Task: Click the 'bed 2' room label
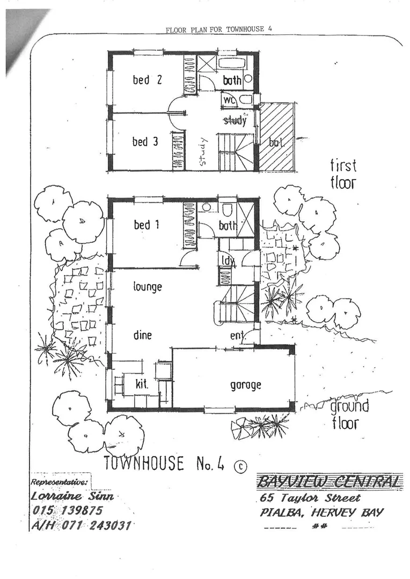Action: point(147,79)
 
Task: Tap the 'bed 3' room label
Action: point(145,141)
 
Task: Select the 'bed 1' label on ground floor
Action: point(147,225)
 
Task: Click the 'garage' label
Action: point(245,385)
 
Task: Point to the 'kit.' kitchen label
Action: point(142,384)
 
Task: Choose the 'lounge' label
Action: point(148,286)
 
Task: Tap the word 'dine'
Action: point(142,335)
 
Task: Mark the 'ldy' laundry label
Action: point(228,261)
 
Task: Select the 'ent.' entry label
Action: point(238,336)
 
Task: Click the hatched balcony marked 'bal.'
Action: point(277,136)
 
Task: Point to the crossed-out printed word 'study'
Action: point(235,120)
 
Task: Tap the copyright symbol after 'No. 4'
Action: point(240,466)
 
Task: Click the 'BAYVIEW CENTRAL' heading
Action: point(328,481)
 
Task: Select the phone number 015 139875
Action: point(67,511)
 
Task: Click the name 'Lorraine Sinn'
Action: point(72,496)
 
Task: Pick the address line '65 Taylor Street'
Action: point(310,498)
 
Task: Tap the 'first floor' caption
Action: point(343,174)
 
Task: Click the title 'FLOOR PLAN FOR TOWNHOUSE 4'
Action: point(219,29)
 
